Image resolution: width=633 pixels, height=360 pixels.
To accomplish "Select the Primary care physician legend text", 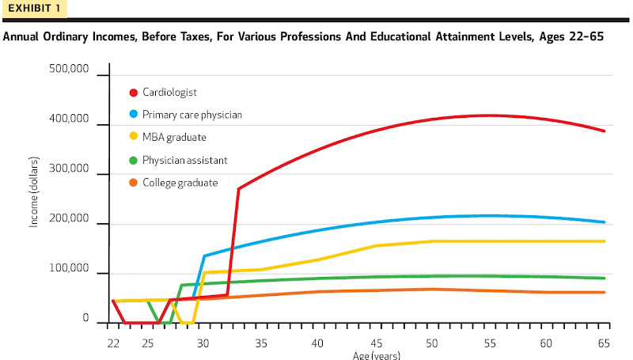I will (192, 115).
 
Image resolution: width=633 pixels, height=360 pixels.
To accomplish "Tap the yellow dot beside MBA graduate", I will (133, 137).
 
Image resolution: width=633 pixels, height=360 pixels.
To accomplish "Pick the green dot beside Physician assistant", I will (133, 160).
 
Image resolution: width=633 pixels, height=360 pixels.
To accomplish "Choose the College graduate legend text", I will (180, 183).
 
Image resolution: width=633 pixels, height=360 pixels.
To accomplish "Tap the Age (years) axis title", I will (377, 354).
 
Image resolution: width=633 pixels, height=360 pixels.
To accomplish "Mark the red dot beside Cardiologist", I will (133, 92).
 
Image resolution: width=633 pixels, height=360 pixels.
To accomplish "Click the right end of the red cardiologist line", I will (605, 131).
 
